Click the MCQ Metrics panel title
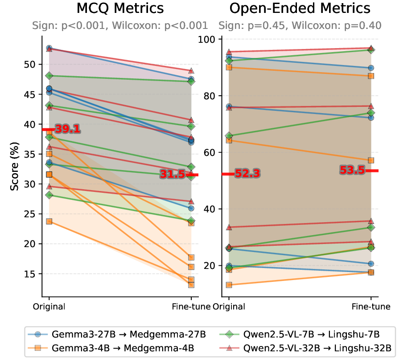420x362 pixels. tap(120, 8)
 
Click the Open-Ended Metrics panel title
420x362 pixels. tap(300, 8)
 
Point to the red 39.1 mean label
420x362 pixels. tap(68, 130)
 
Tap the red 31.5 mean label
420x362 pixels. tap(173, 175)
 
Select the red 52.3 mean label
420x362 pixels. tap(248, 174)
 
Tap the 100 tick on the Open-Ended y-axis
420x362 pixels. tap(208, 39)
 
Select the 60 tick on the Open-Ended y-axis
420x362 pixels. tap(210, 152)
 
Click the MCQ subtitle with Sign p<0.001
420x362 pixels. tap(120, 25)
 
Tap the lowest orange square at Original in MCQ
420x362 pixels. tap(49, 221)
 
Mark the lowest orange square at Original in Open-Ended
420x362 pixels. tap(229, 285)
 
